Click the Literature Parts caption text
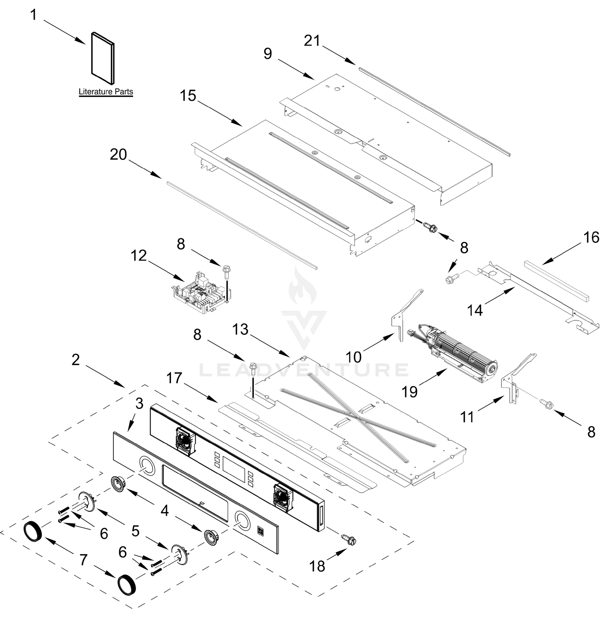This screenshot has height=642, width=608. point(106,92)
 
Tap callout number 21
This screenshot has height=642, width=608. point(312,41)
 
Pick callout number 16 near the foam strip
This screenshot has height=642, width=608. point(591,238)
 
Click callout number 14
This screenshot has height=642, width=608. point(475,310)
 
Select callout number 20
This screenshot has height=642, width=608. point(118,155)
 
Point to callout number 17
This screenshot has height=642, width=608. point(174,378)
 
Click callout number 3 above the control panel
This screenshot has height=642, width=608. point(139,404)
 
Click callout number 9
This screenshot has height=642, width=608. point(267,53)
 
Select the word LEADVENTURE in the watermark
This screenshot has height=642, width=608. point(304,370)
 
